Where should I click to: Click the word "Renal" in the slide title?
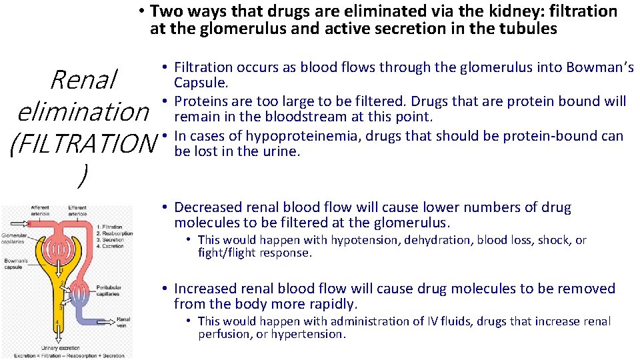(x=83, y=80)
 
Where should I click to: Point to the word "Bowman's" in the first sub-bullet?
(x=600, y=67)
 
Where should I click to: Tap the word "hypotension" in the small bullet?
(x=365, y=240)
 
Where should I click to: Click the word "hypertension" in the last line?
(x=311, y=334)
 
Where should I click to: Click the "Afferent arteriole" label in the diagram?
(x=39, y=211)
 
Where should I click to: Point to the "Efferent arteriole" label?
(x=77, y=211)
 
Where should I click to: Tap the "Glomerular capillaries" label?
(x=14, y=237)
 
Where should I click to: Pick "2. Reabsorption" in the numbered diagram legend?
(x=114, y=234)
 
